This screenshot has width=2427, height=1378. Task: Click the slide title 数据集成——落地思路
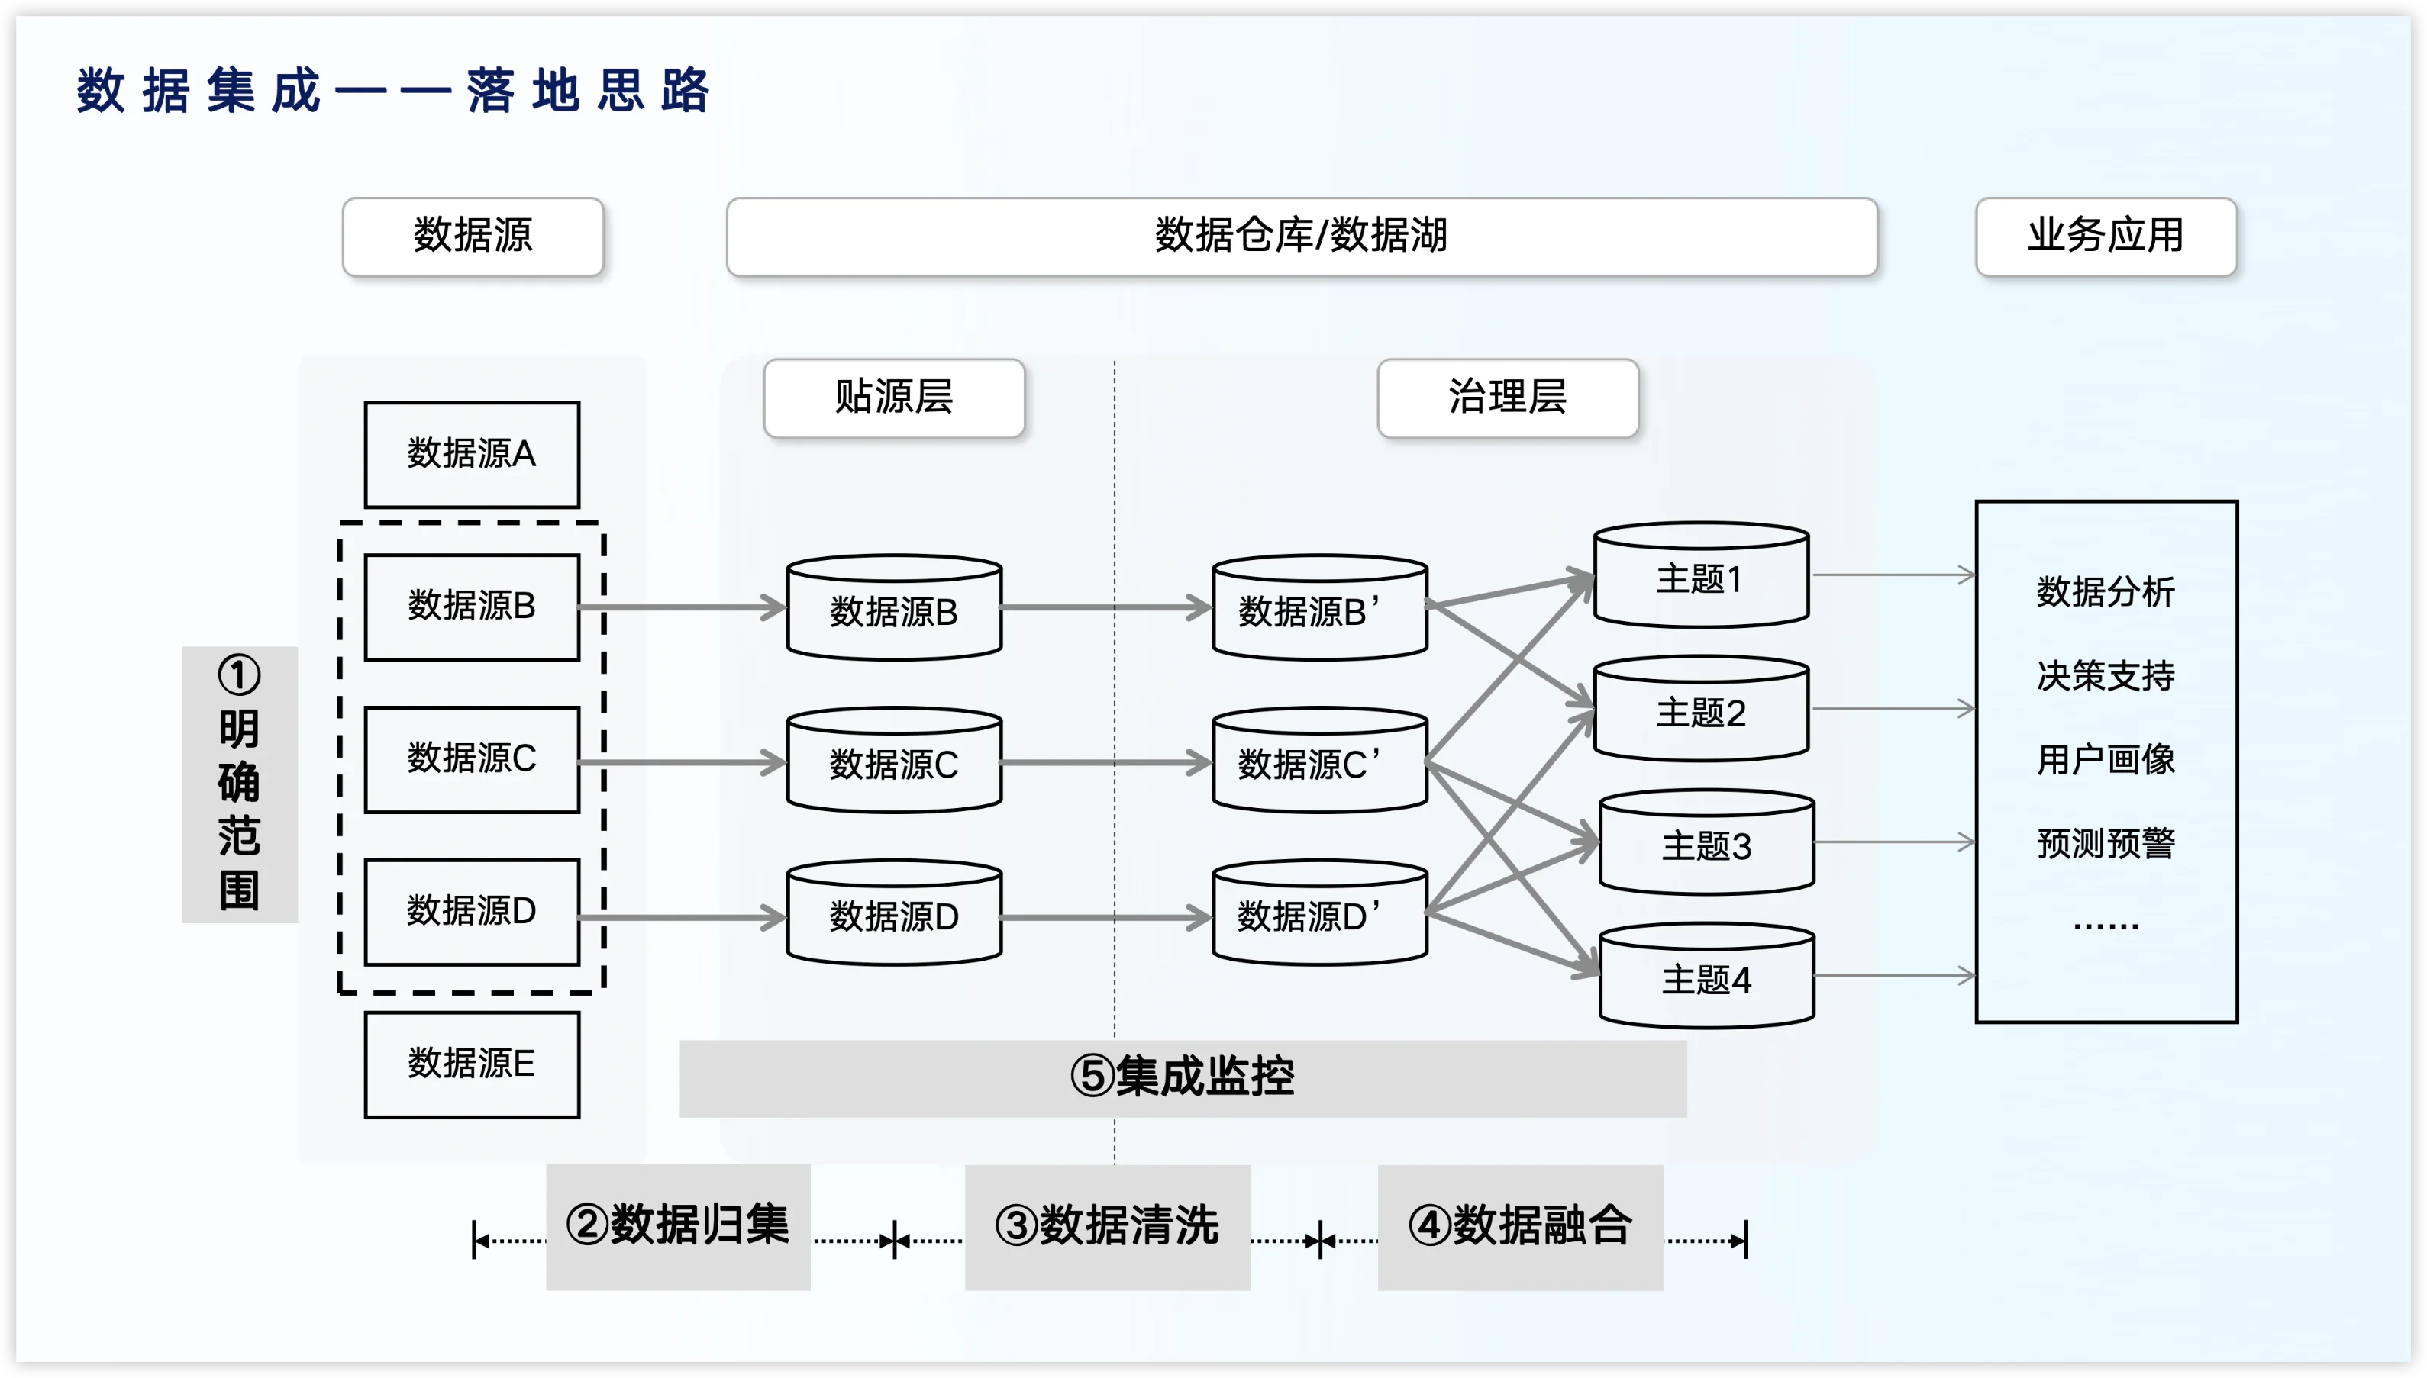pyautogui.click(x=392, y=91)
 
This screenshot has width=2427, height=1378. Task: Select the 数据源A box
pyautogui.click(x=472, y=454)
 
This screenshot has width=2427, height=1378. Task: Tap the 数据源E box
pyautogui.click(x=472, y=1064)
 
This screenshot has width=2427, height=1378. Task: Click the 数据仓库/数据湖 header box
pyautogui.click(x=1301, y=237)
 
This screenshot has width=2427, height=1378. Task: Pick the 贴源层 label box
pyautogui.click(x=894, y=398)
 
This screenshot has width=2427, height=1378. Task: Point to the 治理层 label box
pyautogui.click(x=1508, y=398)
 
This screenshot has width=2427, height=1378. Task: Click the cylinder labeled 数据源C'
pyautogui.click(x=1319, y=763)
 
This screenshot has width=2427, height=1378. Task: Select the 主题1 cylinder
pyautogui.click(x=1701, y=578)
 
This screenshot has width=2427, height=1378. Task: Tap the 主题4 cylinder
pyautogui.click(x=1706, y=979)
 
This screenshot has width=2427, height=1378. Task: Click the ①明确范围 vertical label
pyautogui.click(x=240, y=784)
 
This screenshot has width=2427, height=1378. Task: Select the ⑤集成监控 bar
pyautogui.click(x=1183, y=1078)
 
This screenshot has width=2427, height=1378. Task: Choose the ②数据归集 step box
pyautogui.click(x=678, y=1225)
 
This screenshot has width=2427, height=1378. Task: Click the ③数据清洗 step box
pyautogui.click(x=1107, y=1225)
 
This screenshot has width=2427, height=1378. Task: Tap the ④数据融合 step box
pyautogui.click(x=1520, y=1225)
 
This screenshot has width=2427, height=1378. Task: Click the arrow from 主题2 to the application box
pyautogui.click(x=1892, y=708)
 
